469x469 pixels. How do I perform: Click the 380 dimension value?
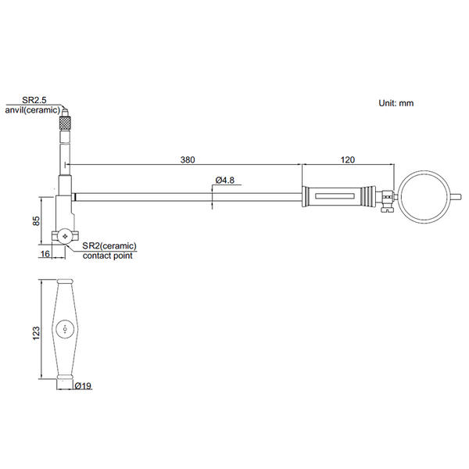click(x=188, y=159)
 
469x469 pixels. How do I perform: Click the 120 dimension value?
click(x=348, y=159)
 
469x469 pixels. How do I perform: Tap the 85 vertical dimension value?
click(x=36, y=220)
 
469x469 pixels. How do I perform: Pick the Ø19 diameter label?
click(x=84, y=385)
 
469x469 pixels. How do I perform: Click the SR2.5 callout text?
click(x=34, y=101)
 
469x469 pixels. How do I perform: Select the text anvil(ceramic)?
click(x=36, y=110)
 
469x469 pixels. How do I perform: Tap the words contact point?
click(x=108, y=256)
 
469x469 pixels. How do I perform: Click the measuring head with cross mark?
click(x=63, y=235)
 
